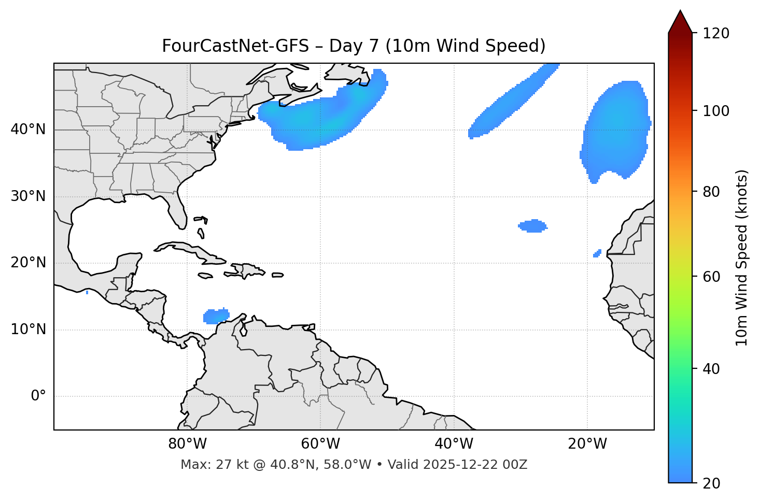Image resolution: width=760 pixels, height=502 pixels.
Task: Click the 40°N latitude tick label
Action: tap(28, 130)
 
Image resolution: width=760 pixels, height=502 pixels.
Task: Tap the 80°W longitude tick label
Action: tap(187, 444)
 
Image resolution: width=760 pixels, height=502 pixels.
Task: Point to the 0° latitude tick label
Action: tap(38, 396)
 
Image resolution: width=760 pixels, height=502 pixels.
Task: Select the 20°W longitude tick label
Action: tap(587, 444)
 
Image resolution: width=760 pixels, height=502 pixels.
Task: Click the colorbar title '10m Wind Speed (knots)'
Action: tap(742, 257)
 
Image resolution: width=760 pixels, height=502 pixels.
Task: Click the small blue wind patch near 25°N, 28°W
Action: tap(533, 226)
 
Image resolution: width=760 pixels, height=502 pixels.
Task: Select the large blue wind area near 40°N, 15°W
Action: tap(616, 130)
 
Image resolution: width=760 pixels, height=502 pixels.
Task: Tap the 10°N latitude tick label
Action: tap(28, 329)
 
